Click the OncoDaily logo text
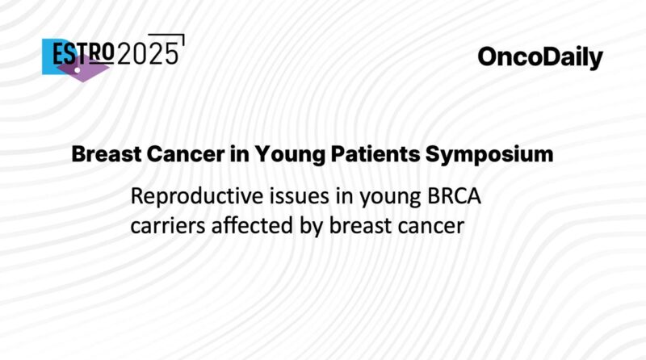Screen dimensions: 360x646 point(540,57)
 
